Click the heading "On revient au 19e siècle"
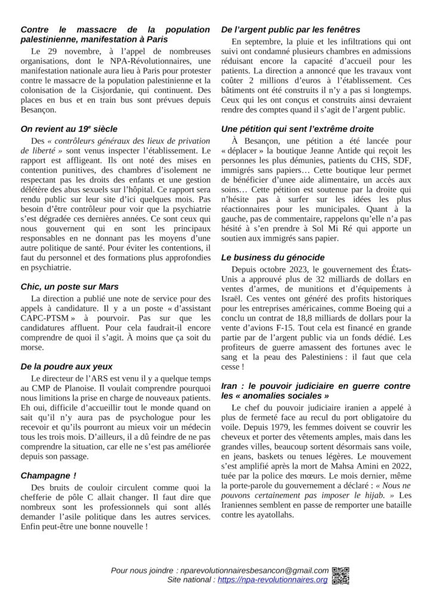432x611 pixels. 69,128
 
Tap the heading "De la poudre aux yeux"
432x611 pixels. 66,366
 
